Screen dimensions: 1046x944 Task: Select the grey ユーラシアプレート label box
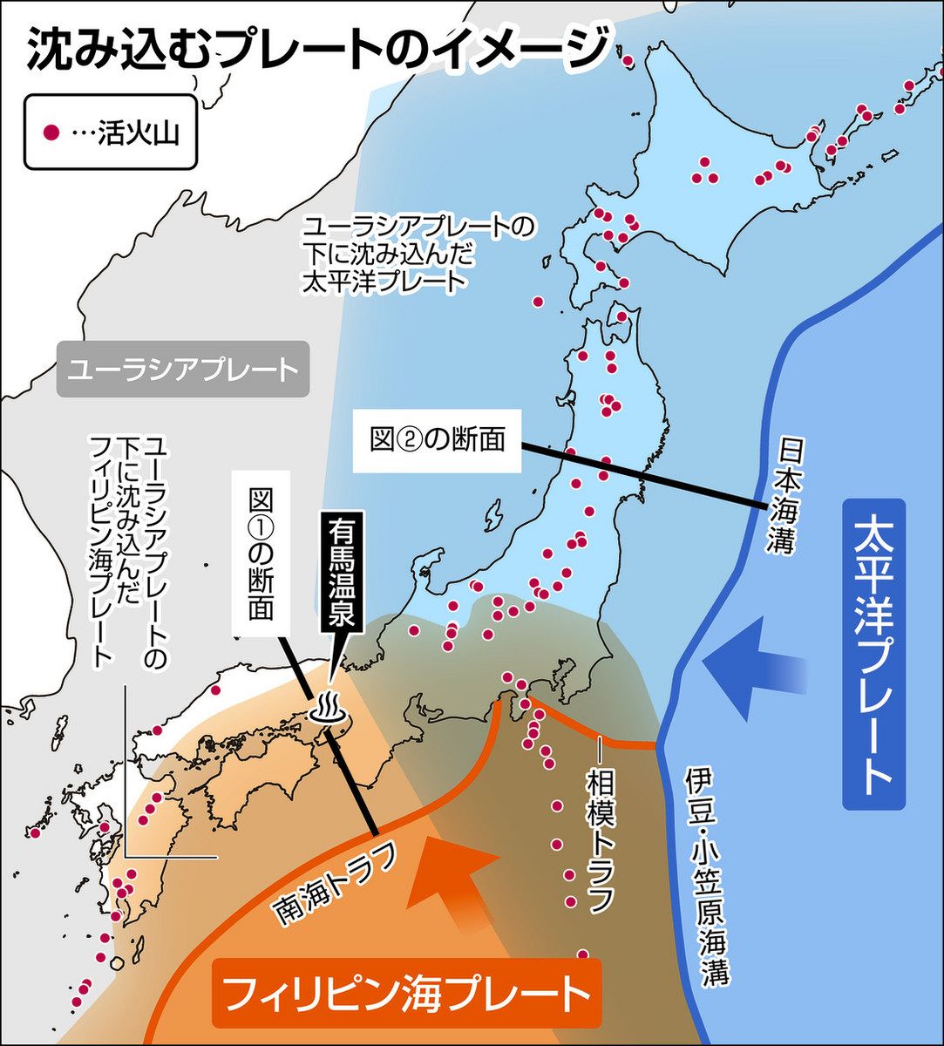182,370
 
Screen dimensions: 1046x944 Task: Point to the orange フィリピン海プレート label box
405,993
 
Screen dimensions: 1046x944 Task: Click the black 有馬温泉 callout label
341,574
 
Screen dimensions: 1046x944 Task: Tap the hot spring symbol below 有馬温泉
329,709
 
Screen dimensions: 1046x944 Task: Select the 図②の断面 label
437,439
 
